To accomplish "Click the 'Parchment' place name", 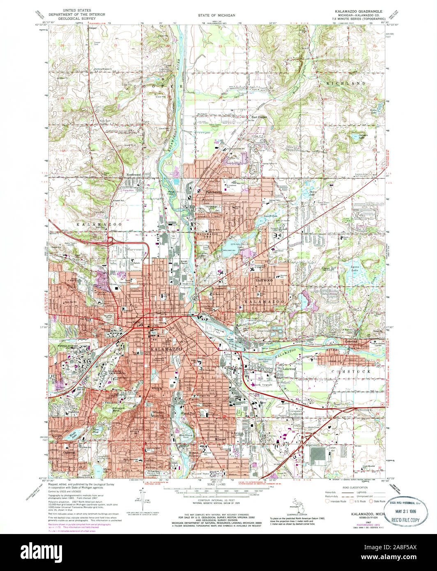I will coord(214,192).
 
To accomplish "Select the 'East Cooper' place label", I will coord(260,116).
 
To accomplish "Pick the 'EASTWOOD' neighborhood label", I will coord(264,280).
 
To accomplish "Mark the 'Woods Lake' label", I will coord(73,434).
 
